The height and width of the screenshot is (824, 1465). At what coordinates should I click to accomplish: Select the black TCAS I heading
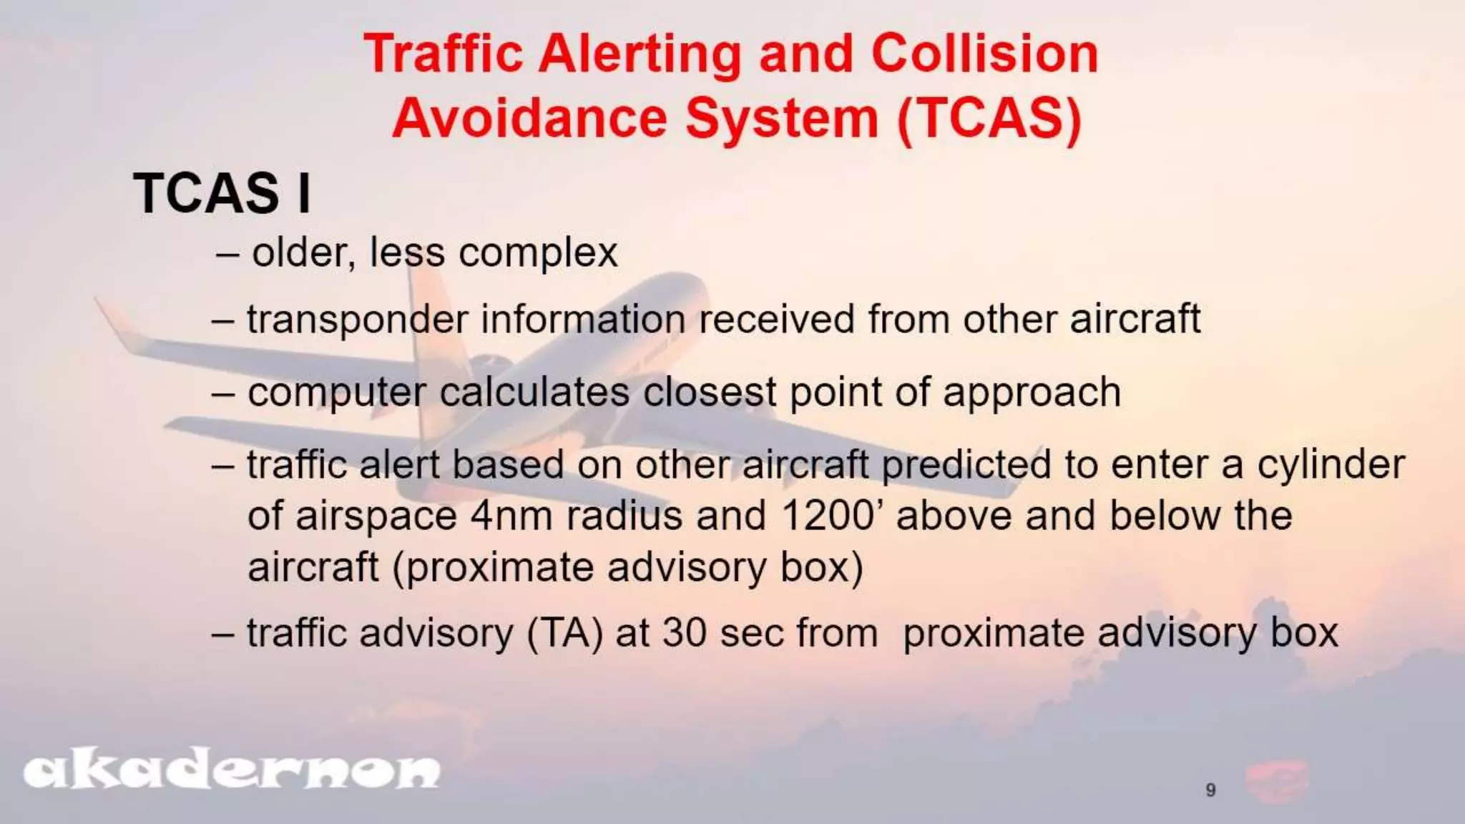222,193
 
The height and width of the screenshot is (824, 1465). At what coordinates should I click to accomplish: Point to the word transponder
357,320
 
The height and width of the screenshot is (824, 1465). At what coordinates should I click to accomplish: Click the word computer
336,393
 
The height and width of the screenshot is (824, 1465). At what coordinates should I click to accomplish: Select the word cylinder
1331,465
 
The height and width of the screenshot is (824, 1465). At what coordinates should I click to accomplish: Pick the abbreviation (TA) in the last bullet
564,633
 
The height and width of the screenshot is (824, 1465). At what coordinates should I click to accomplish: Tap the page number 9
1210,790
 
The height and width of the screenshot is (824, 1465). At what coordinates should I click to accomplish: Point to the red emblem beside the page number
1277,782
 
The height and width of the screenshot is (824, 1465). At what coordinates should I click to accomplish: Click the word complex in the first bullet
537,252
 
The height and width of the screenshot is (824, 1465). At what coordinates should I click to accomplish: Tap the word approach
1031,393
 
